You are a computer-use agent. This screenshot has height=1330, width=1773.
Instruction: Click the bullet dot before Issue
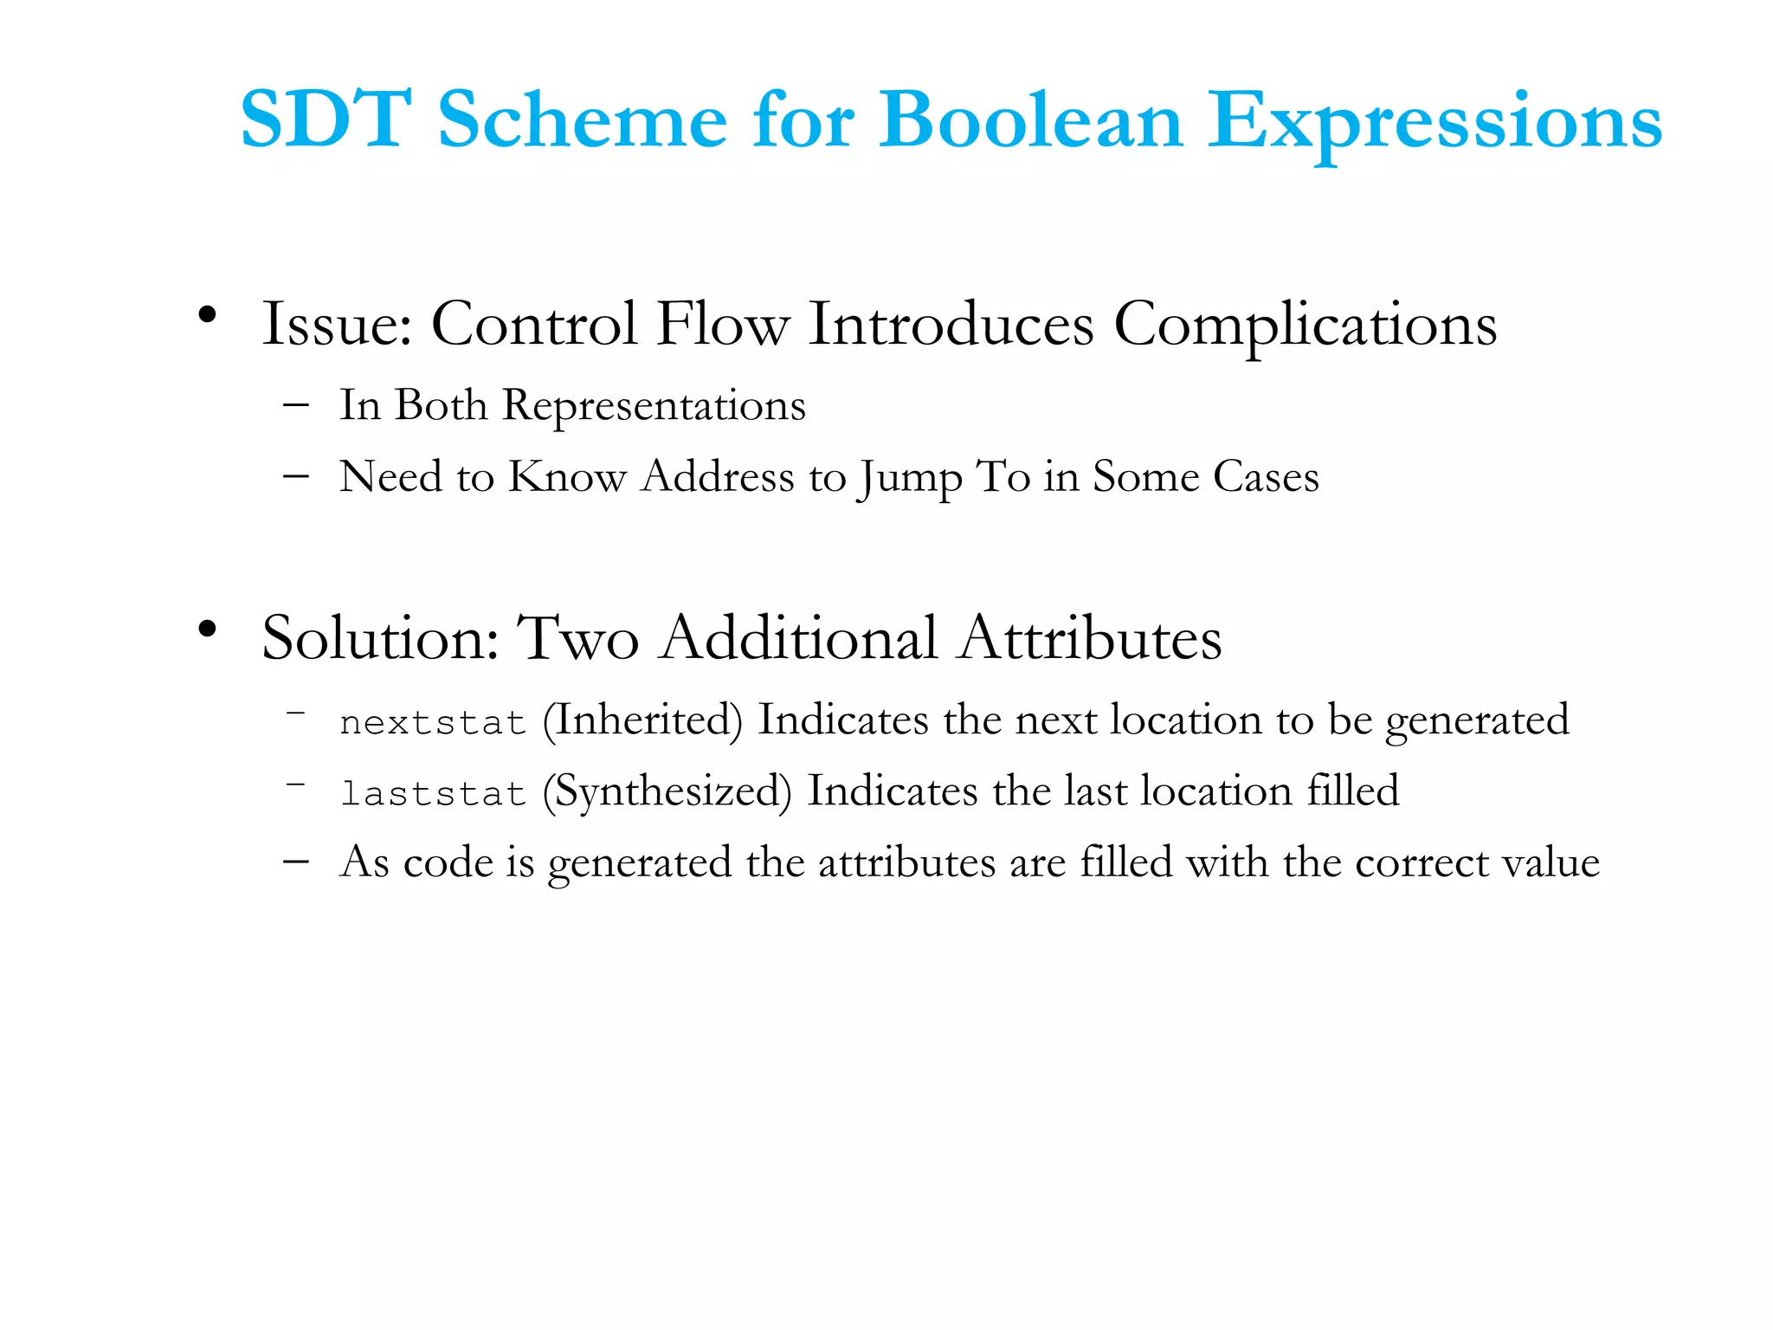206,315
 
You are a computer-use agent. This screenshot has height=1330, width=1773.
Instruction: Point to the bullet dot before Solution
206,629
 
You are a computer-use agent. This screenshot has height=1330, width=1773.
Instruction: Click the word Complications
1305,325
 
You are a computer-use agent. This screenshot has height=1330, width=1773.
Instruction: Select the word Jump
910,478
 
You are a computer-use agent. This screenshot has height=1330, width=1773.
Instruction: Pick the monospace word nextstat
433,722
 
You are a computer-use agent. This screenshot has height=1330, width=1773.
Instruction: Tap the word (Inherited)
642,720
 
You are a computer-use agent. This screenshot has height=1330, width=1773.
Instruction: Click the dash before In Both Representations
296,405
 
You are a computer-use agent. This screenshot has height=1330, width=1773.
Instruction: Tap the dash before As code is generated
296,862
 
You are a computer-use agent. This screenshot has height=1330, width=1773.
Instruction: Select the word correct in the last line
1420,862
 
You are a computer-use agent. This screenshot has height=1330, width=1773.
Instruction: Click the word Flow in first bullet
723,325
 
